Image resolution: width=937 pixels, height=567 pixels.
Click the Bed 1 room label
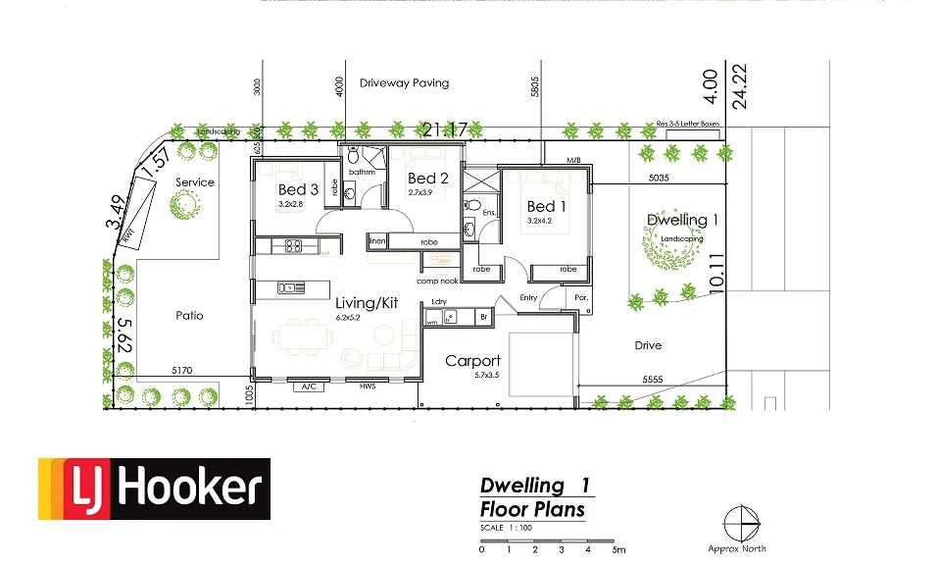point(546,206)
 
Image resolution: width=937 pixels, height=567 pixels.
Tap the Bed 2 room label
point(427,178)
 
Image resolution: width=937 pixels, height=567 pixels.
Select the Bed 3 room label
point(298,189)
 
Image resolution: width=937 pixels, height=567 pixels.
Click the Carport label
point(472,361)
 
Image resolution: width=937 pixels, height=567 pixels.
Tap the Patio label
point(190,316)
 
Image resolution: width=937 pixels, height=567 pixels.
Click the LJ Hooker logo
point(154,489)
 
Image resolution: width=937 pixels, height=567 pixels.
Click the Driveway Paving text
point(404,83)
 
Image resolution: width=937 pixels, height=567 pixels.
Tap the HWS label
point(368,387)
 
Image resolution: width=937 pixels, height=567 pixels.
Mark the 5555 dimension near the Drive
point(657,378)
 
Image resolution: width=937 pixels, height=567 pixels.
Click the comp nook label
point(437,281)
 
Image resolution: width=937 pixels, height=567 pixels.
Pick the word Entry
point(528,297)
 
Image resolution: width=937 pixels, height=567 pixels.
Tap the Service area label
point(194,182)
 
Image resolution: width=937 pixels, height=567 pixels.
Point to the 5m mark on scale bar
point(617,549)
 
